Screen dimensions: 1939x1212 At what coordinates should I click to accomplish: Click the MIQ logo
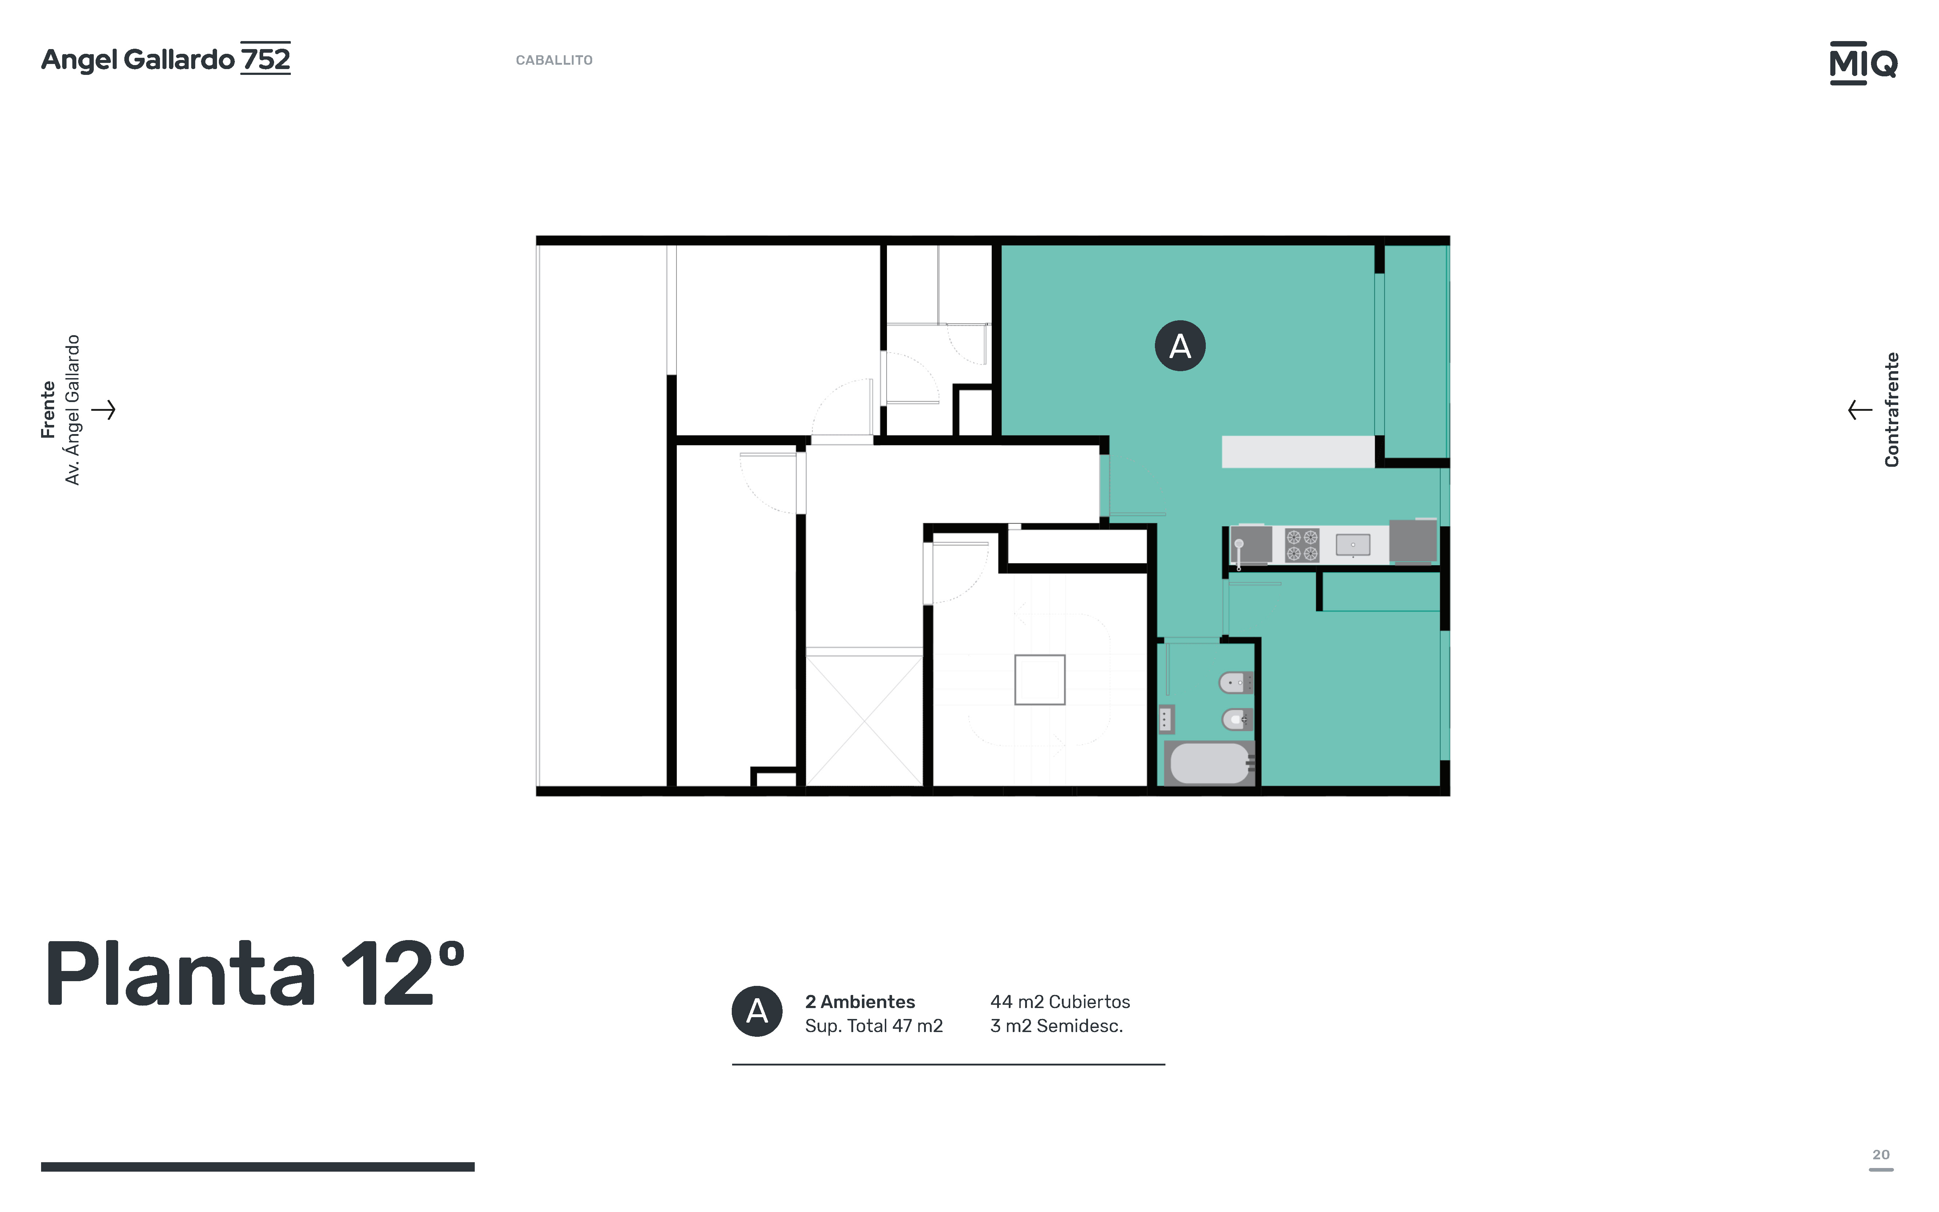tap(1863, 63)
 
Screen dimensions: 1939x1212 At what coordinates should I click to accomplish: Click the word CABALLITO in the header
tap(554, 60)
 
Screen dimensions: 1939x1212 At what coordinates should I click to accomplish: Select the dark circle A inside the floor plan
tap(1180, 345)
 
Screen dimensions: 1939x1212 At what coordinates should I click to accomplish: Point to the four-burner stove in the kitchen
tap(1302, 545)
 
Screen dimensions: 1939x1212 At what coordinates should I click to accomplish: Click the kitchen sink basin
tap(1353, 545)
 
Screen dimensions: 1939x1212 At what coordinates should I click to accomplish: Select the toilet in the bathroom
tap(1236, 719)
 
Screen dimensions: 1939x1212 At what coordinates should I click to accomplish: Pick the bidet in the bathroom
tap(1235, 683)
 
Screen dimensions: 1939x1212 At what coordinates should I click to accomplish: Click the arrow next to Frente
tap(103, 410)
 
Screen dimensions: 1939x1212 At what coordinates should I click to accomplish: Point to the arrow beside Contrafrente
tap(1860, 410)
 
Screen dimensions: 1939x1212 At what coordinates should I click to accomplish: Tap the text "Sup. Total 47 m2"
tap(874, 1026)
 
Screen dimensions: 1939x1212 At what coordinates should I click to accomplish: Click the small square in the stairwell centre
tap(1040, 680)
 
